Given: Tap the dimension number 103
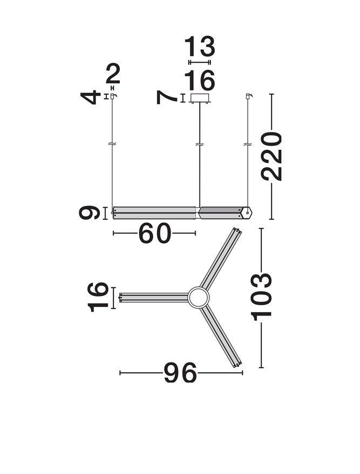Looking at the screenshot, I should [261, 297].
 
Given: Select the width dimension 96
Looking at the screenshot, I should [180, 373].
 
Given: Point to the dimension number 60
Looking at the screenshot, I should [155, 233].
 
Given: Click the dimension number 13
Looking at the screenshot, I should [199, 47].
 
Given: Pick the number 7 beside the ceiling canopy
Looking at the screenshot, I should [167, 98].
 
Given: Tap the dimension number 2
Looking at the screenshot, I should [113, 74].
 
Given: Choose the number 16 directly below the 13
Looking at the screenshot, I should [199, 81].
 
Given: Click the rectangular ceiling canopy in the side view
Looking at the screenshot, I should [200, 98].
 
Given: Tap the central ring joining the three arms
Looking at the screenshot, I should [198, 297].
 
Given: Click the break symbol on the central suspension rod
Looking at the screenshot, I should [200, 145].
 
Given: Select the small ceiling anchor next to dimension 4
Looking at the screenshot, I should [113, 96].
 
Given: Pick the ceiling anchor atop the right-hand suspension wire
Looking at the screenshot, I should [248, 96].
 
